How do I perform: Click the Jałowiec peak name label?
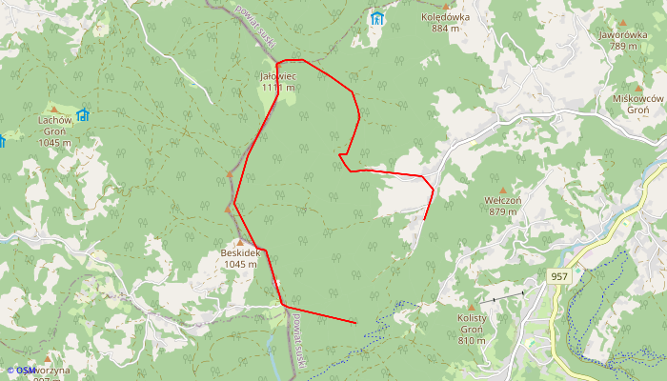278,75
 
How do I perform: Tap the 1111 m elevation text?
278,88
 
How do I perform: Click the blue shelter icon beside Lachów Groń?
83,115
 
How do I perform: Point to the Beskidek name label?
240,252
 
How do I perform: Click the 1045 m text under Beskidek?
240,265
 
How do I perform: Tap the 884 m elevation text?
446,28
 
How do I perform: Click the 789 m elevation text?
624,46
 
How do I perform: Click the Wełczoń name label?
502,200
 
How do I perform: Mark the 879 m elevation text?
502,211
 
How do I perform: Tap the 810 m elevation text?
472,340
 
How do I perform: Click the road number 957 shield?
559,276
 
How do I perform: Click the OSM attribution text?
24,370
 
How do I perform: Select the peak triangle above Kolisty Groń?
470,307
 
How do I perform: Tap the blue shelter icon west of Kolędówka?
376,18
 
